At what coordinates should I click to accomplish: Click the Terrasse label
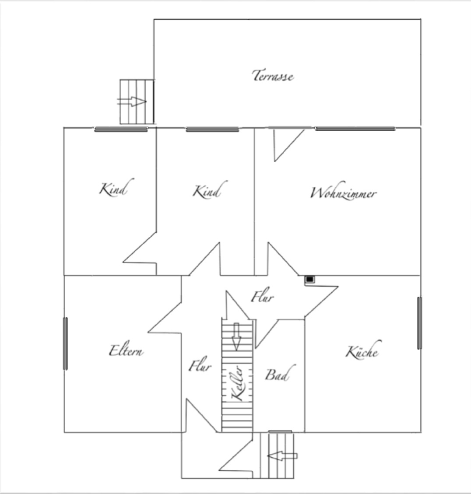tap(273, 76)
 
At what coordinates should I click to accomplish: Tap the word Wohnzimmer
tap(343, 193)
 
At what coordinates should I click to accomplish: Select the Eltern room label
tap(126, 350)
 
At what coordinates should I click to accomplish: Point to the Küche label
tap(362, 351)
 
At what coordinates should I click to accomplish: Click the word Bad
tap(277, 375)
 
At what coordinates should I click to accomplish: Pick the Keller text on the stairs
tap(237, 383)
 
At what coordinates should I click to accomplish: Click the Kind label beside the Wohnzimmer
tap(207, 191)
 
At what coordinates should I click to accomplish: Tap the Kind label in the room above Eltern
tap(113, 189)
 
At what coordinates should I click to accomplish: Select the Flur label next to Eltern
tap(200, 365)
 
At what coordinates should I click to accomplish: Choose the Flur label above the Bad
tap(262, 298)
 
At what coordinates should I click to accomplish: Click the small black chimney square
tap(309, 279)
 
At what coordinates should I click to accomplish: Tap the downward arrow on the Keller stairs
tap(236, 336)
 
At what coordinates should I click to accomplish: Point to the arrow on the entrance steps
tap(282, 456)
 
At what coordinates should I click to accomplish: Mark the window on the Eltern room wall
tap(66, 343)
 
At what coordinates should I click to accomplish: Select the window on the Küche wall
tap(419, 323)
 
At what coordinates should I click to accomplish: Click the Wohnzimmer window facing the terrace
tap(355, 129)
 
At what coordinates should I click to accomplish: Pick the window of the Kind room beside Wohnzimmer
tap(212, 130)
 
